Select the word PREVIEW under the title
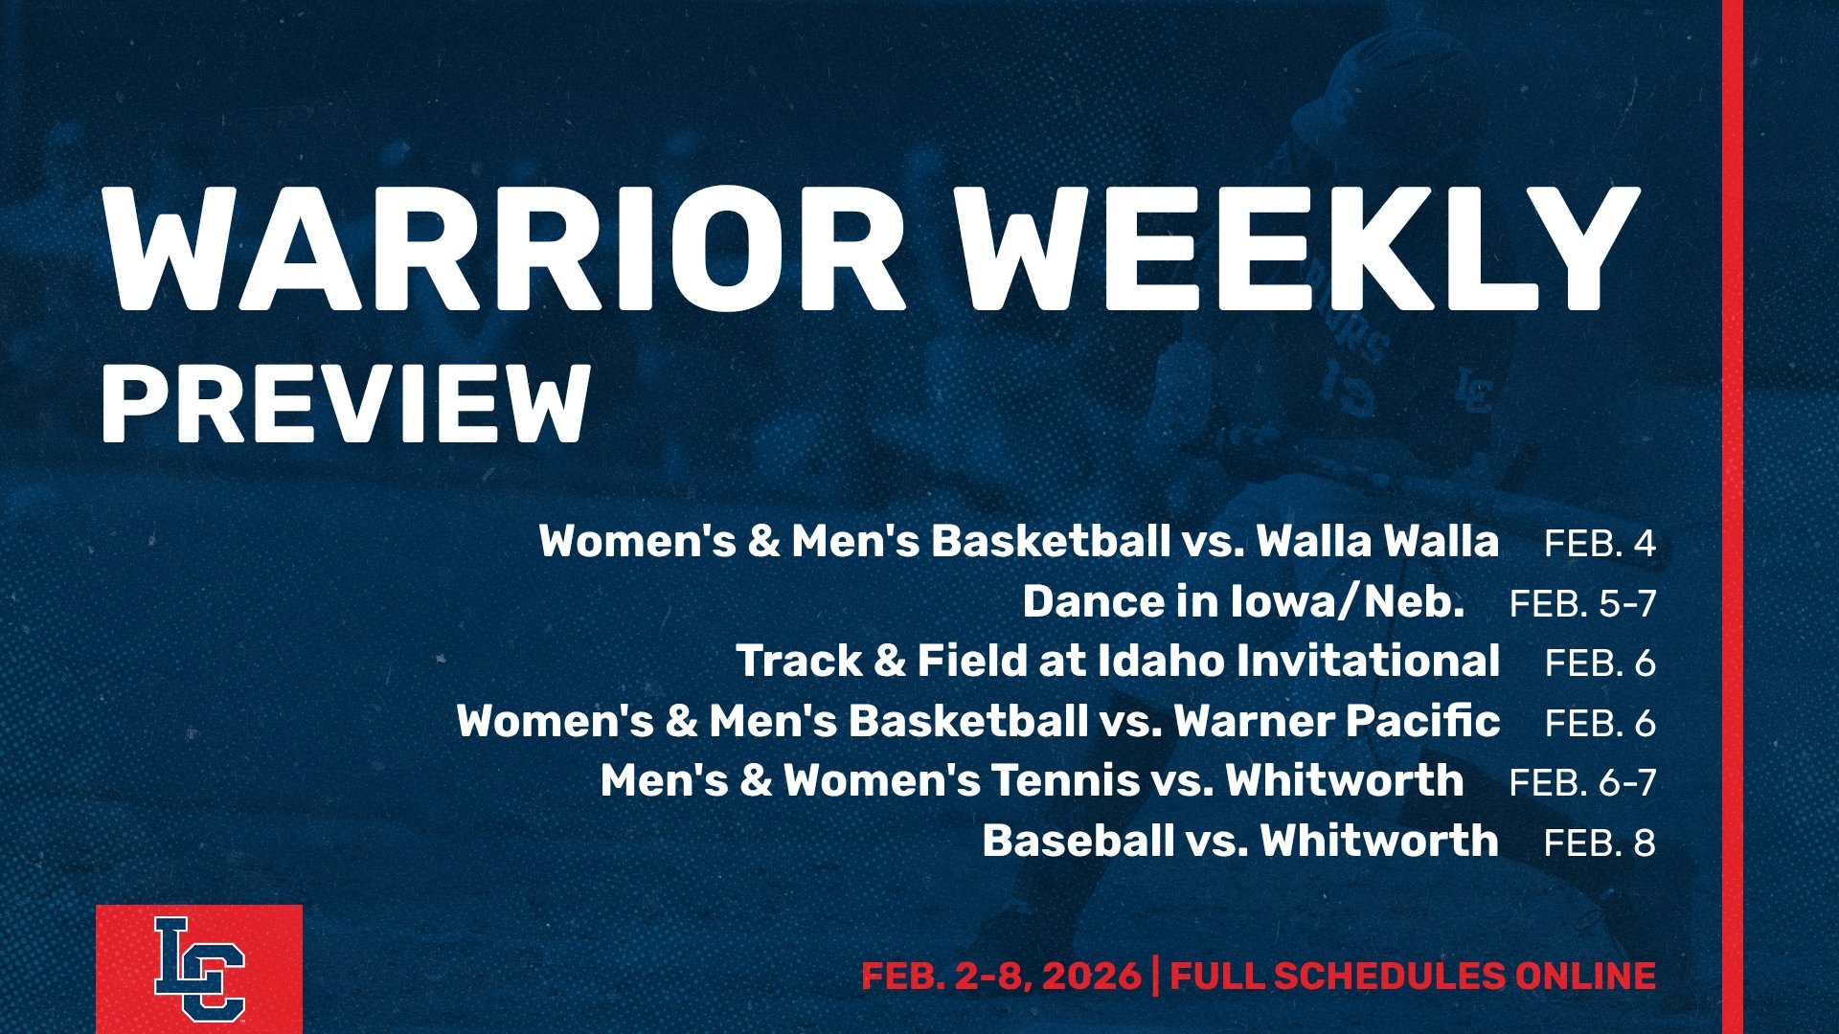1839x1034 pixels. tap(345, 405)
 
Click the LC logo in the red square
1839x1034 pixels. tap(199, 969)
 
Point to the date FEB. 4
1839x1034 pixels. tap(1600, 544)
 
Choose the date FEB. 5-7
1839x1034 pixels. tap(1582, 603)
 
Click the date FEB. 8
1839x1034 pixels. tap(1600, 843)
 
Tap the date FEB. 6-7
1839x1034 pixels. tap(1582, 782)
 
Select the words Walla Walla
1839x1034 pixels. tap(1377, 541)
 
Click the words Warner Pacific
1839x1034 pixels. tap(1337, 720)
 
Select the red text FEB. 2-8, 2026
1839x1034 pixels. tap(1001, 977)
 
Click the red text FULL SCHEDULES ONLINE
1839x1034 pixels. tap(1413, 977)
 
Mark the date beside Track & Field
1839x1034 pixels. tap(1600, 663)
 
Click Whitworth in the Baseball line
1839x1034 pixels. tap(1379, 841)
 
